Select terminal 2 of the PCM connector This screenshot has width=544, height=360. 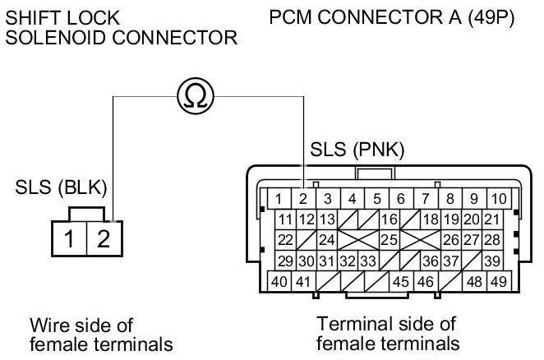302,198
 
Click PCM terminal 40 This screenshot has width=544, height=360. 280,281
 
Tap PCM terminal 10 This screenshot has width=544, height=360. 497,198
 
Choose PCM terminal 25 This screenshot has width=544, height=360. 389,240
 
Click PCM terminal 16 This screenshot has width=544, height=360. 389,219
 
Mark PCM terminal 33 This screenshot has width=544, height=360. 367,261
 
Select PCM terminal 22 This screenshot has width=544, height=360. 285,240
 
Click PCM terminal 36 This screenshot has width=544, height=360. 429,261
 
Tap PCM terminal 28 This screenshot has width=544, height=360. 491,240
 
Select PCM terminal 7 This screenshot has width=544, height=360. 424,198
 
